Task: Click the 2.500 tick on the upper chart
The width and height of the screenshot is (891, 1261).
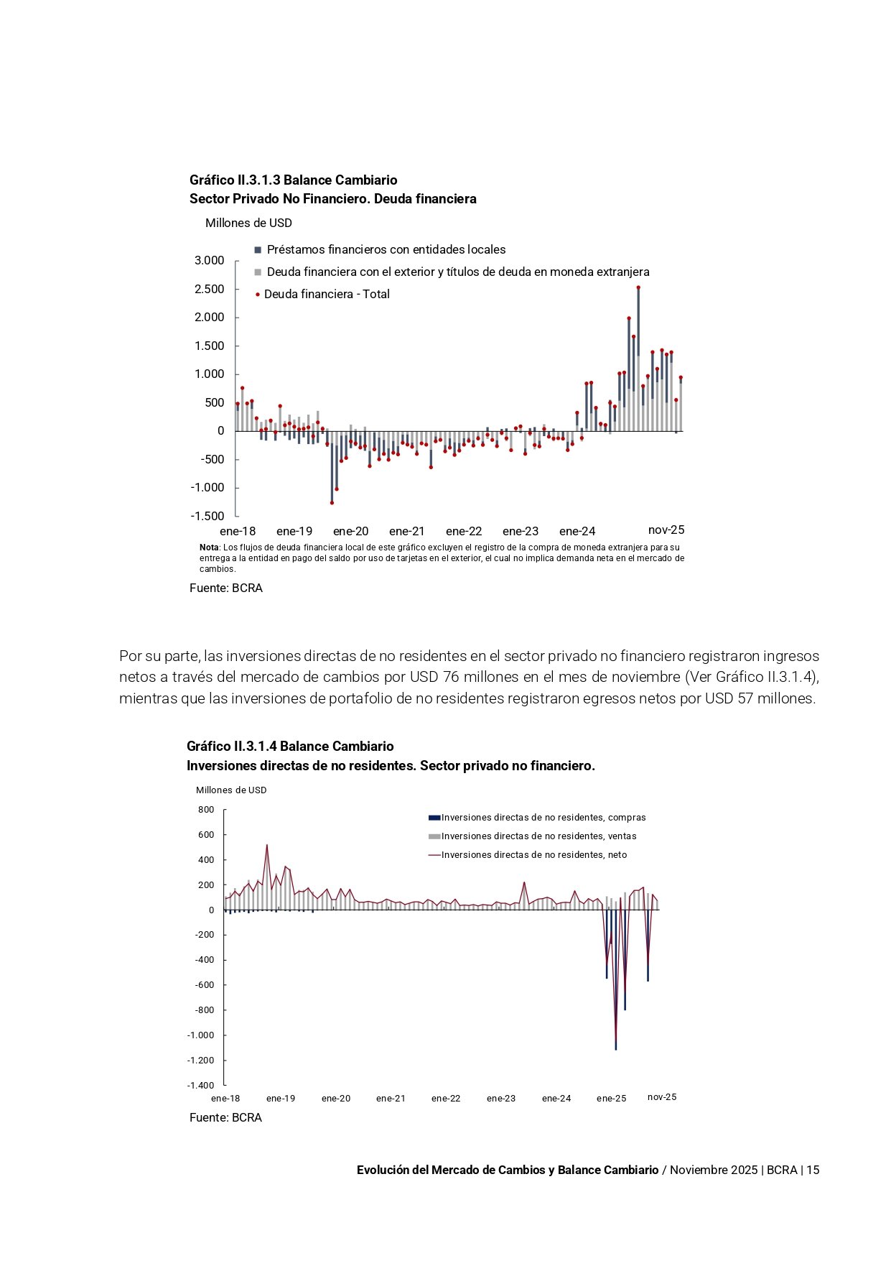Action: [x=209, y=289]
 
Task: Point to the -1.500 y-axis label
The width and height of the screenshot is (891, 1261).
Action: [x=207, y=516]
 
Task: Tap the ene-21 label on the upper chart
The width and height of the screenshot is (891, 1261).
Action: [x=406, y=531]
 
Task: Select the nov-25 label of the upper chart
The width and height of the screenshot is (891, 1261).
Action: [x=666, y=530]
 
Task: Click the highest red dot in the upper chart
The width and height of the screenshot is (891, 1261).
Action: [x=638, y=287]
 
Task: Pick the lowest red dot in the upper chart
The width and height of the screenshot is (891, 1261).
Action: [x=332, y=502]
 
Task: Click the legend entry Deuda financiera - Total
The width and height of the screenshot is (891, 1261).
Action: [x=326, y=294]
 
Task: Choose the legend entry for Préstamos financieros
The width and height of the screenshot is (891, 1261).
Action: [x=386, y=249]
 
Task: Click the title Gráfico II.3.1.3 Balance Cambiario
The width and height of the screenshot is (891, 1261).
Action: [x=293, y=180]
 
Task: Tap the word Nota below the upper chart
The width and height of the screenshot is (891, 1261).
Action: [x=209, y=548]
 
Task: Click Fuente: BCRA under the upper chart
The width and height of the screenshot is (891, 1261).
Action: [x=226, y=588]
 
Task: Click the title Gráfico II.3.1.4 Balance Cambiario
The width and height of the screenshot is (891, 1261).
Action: [x=290, y=746]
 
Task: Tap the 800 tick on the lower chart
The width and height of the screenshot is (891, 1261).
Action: [x=206, y=810]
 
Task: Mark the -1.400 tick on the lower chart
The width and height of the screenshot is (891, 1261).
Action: [x=200, y=1086]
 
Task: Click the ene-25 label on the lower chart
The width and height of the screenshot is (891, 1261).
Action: [x=611, y=1098]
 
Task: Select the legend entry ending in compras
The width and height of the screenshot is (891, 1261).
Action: [x=543, y=818]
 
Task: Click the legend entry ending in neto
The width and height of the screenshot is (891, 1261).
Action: [x=533, y=855]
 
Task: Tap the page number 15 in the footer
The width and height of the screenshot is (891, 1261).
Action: [x=813, y=1170]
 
